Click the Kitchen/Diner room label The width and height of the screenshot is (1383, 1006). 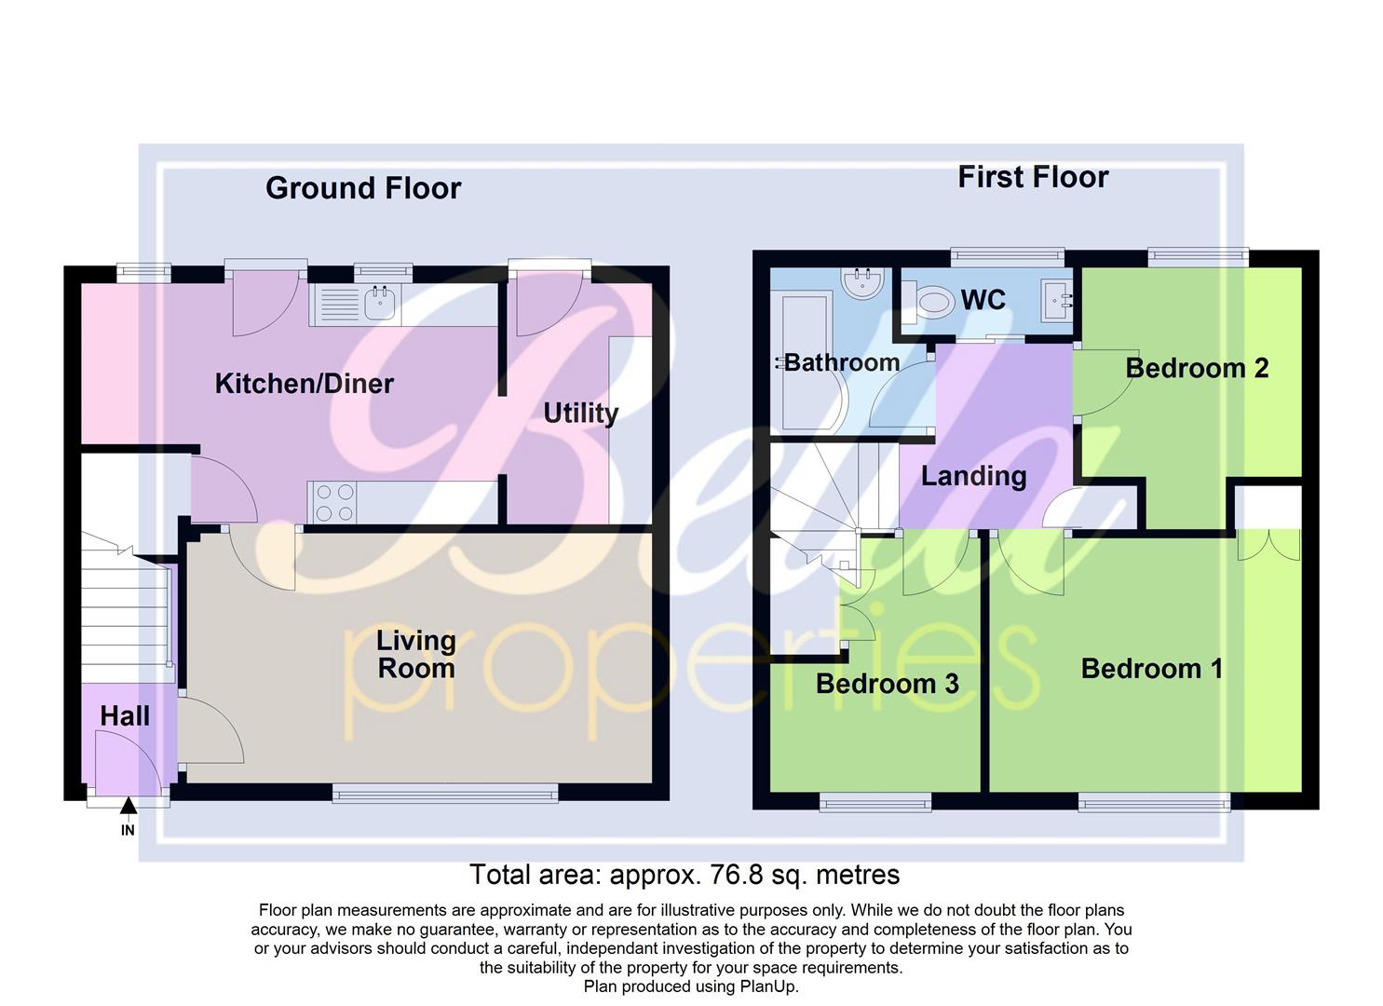pyautogui.click(x=304, y=384)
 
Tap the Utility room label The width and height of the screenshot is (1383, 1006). pyautogui.click(x=580, y=414)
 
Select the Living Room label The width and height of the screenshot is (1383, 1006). pyautogui.click(x=415, y=654)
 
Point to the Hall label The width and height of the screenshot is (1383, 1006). pyautogui.click(x=125, y=716)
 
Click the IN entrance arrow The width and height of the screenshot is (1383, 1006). pyautogui.click(x=128, y=808)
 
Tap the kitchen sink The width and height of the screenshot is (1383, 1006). pyautogui.click(x=379, y=303)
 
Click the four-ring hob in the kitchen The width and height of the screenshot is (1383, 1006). pyautogui.click(x=334, y=502)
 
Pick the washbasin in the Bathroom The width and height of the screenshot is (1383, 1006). pyautogui.click(x=861, y=283)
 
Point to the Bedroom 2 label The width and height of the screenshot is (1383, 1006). pyautogui.click(x=1197, y=368)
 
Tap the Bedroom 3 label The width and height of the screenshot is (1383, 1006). pyautogui.click(x=887, y=684)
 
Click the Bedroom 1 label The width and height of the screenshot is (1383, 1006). pyautogui.click(x=1151, y=669)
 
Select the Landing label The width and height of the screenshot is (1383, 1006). pyautogui.click(x=973, y=476)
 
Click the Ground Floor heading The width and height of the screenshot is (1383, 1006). pyautogui.click(x=363, y=188)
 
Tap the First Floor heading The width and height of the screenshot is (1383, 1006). pyautogui.click(x=1033, y=177)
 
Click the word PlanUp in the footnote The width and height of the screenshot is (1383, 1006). pyautogui.click(x=768, y=986)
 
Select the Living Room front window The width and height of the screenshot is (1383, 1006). pyautogui.click(x=445, y=794)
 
